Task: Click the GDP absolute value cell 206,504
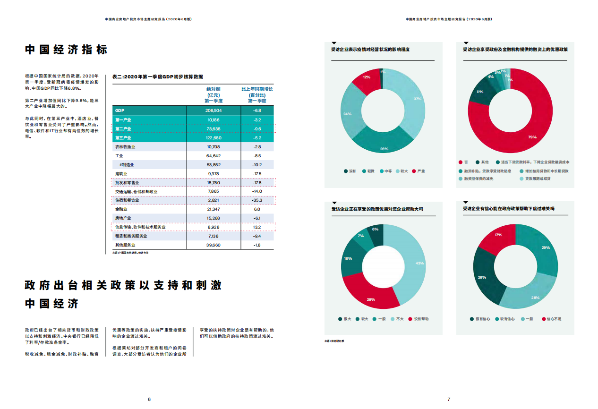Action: coord(214,111)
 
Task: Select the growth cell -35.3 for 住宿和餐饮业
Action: coord(257,200)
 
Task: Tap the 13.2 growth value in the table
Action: coord(257,227)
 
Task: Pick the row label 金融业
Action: coord(121,209)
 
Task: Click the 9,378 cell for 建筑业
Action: coord(214,174)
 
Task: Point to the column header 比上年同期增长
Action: coord(257,89)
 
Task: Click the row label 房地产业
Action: coord(123,218)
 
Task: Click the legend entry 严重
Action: coord(420,171)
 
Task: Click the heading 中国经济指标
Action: coord(66,50)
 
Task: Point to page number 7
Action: coord(449,400)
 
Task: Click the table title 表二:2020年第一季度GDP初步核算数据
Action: coord(157,77)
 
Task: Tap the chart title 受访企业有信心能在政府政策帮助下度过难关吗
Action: coord(508,208)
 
